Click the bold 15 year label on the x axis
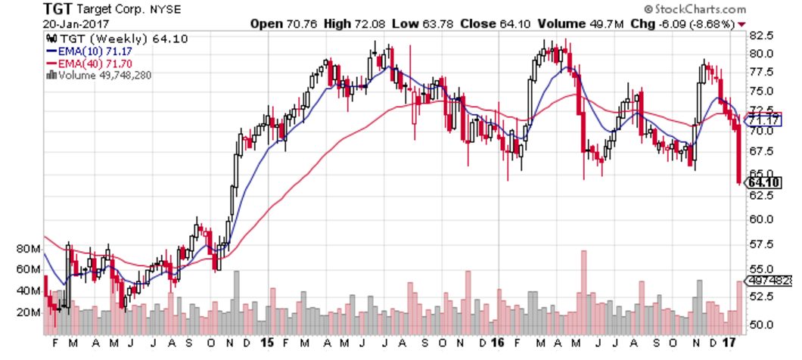pos(266,342)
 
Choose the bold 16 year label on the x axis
pos(496,342)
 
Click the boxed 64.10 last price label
pos(764,183)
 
